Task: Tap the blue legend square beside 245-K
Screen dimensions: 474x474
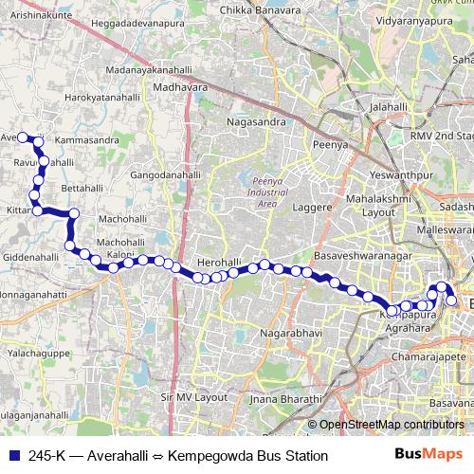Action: click(13, 455)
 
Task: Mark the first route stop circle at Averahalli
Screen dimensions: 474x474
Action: click(24, 137)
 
